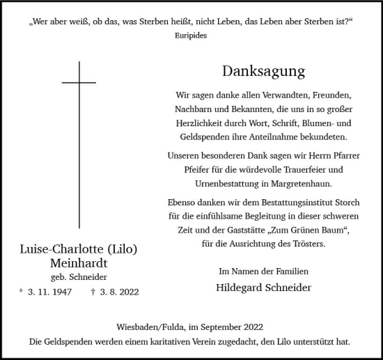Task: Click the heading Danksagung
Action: (x=264, y=70)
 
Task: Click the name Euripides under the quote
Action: (x=191, y=36)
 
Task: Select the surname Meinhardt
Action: (x=79, y=263)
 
